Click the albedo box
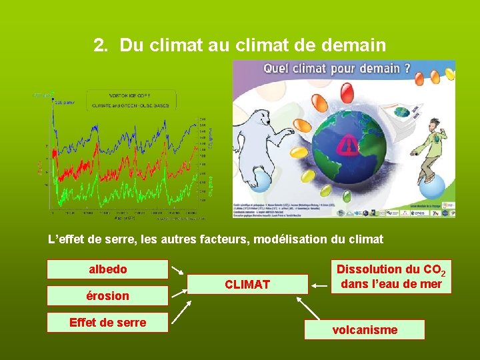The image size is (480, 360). point(107,269)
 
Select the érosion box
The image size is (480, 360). point(107,296)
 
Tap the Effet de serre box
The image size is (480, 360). point(107,323)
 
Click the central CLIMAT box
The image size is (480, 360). point(247,285)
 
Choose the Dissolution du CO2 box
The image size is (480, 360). point(391,277)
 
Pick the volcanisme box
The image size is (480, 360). point(365,329)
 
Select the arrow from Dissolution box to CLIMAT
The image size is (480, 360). point(319,285)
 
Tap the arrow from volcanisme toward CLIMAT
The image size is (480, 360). point(308,308)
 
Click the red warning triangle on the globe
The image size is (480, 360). point(347,145)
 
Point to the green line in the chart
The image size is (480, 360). point(120,193)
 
